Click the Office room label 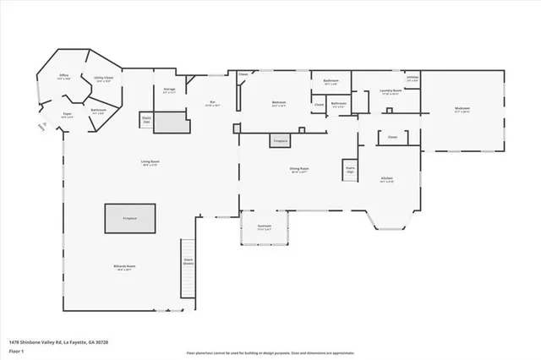63,76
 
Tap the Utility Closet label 104,79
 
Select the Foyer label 67,113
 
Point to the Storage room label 168,89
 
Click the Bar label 213,103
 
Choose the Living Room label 150,161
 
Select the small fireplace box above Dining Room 281,140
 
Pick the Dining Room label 299,169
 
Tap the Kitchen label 387,179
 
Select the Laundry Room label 390,90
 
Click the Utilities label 412,77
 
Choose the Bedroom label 279,103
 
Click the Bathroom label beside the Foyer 98,110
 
